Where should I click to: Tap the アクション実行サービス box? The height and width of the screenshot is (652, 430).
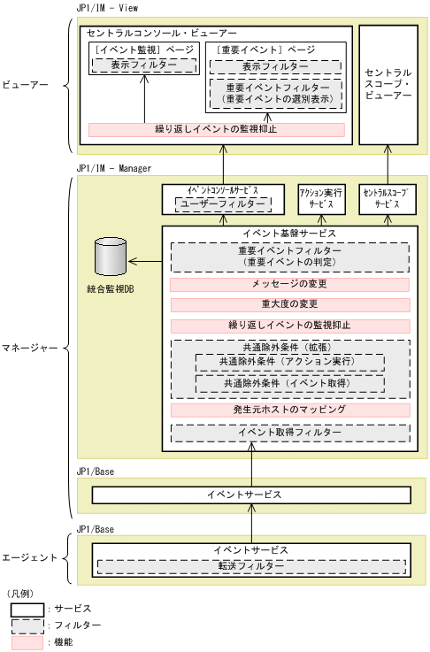tap(321, 199)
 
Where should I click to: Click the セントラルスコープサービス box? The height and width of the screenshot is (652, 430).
tap(387, 199)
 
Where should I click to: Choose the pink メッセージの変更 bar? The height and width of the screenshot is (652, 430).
tap(289, 285)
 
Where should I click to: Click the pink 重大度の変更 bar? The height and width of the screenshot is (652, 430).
tap(289, 305)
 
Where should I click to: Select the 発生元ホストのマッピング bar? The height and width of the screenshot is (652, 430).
tap(289, 410)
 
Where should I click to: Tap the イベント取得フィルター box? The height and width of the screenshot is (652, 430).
tap(289, 433)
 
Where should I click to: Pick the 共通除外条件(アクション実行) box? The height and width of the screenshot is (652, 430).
tap(289, 362)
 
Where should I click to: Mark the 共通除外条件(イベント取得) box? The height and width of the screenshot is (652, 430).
tap(289, 383)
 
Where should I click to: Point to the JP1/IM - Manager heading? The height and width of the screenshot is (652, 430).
tap(114, 167)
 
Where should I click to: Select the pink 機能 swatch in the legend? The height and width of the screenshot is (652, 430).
tap(27, 641)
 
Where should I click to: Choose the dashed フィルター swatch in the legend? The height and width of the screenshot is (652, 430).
tap(27, 625)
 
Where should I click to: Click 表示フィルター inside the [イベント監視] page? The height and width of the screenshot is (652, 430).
tap(143, 65)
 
